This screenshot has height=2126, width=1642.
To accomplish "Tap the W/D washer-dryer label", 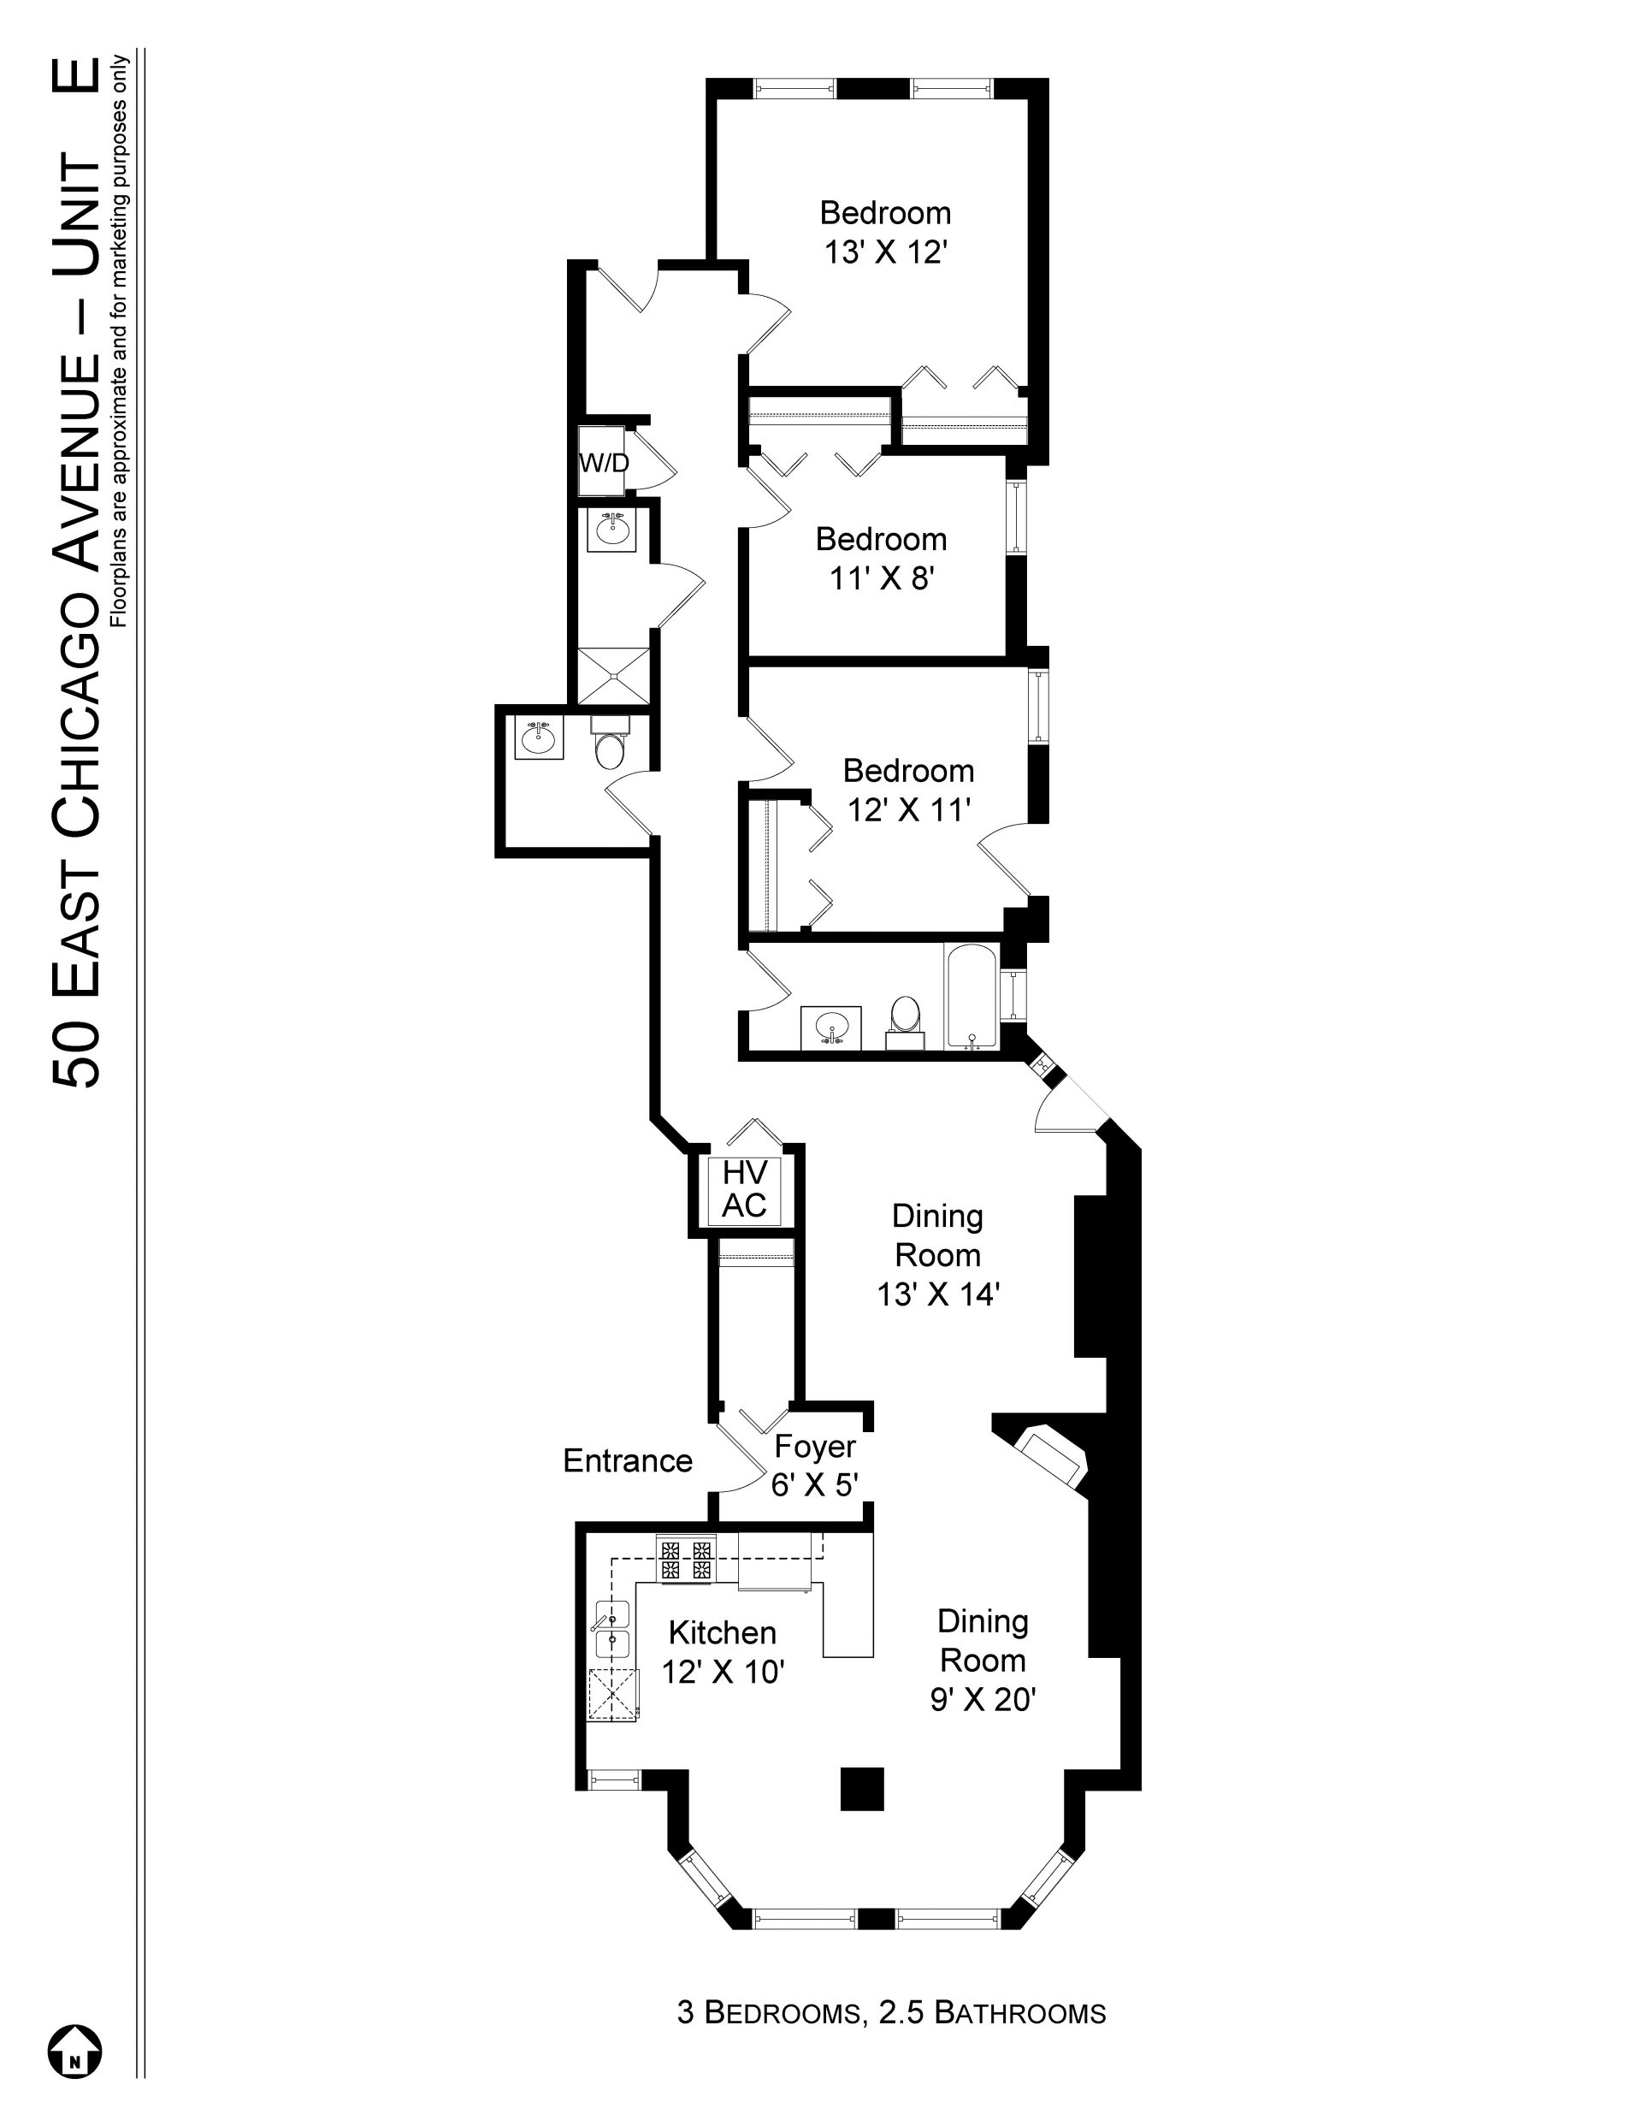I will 605,464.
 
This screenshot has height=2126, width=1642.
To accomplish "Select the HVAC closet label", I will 745,1189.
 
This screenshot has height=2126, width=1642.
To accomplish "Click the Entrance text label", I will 628,1460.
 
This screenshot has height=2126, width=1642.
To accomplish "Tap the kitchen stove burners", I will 685,1559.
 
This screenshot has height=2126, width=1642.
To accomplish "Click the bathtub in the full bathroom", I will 971,997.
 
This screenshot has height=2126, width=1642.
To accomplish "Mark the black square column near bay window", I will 862,1788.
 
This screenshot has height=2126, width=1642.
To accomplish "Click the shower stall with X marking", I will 612,676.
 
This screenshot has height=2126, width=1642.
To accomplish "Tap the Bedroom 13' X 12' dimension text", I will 886,252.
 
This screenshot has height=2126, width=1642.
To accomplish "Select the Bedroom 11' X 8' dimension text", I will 882,578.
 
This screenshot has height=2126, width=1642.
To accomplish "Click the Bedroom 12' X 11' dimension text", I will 909,809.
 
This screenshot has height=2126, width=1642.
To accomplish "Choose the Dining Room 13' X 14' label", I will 938,1255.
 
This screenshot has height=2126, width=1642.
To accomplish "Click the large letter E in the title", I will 78,77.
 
